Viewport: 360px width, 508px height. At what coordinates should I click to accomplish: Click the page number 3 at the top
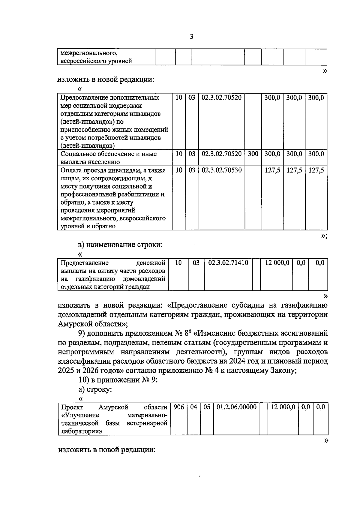point(192,37)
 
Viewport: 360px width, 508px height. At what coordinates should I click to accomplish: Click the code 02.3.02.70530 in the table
point(221,170)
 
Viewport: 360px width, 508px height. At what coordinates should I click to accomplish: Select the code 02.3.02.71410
point(228,263)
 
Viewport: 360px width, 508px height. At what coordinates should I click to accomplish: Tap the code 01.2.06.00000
point(236,407)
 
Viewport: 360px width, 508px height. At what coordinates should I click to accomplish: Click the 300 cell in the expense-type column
point(253,154)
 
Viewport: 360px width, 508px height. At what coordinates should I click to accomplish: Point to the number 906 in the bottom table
point(179,407)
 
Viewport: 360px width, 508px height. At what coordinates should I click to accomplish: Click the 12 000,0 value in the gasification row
point(277,263)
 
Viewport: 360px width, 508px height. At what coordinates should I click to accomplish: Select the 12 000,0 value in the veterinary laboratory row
point(283,407)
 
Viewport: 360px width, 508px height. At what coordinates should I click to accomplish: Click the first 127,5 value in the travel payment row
point(272,170)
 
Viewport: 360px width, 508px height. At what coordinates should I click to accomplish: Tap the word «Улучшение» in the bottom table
point(80,415)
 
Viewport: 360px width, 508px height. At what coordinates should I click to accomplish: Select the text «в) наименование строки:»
point(120,245)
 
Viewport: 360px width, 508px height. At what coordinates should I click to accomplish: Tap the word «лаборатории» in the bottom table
point(81,431)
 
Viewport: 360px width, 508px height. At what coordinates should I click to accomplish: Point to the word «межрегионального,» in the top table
point(89,53)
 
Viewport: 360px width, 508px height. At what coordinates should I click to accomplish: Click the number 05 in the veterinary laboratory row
point(207,407)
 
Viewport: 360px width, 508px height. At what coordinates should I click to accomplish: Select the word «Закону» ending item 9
point(284,371)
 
